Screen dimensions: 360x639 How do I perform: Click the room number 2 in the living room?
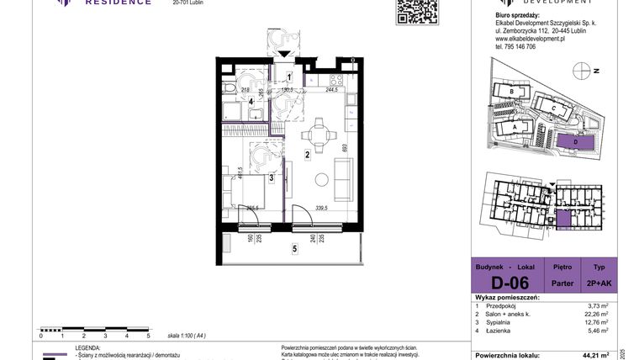[x=308, y=155]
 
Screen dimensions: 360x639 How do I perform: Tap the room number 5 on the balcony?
[x=294, y=248]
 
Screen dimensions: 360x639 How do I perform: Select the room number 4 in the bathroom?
[x=227, y=102]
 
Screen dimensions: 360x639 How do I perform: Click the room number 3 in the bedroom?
[x=271, y=177]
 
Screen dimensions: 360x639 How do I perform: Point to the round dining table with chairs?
[x=321, y=133]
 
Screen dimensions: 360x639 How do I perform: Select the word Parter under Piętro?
[x=562, y=283]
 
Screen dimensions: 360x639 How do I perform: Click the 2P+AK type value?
[x=599, y=283]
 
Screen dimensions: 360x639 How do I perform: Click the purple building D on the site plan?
[x=576, y=143]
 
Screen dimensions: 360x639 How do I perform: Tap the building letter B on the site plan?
[x=511, y=91]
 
